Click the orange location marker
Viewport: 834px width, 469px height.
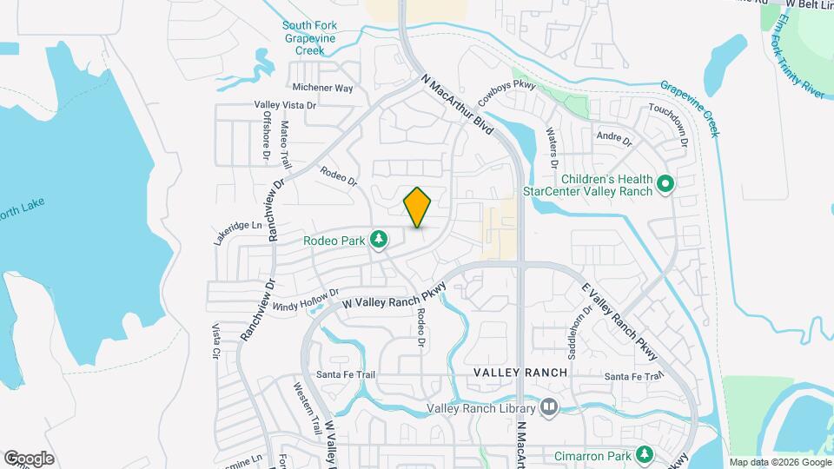tap(417, 207)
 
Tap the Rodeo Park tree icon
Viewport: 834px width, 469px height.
tap(379, 239)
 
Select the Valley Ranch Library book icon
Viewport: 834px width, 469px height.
tap(548, 406)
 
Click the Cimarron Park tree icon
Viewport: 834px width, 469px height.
tap(644, 454)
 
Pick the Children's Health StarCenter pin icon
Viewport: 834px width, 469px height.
tap(665, 184)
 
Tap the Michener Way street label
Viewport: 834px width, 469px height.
tap(322, 88)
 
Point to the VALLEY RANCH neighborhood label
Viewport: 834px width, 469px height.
tap(520, 373)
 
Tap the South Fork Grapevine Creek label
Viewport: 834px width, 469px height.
tap(309, 38)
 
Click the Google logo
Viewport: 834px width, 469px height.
tap(30, 459)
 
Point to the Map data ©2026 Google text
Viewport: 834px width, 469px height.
tap(779, 462)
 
